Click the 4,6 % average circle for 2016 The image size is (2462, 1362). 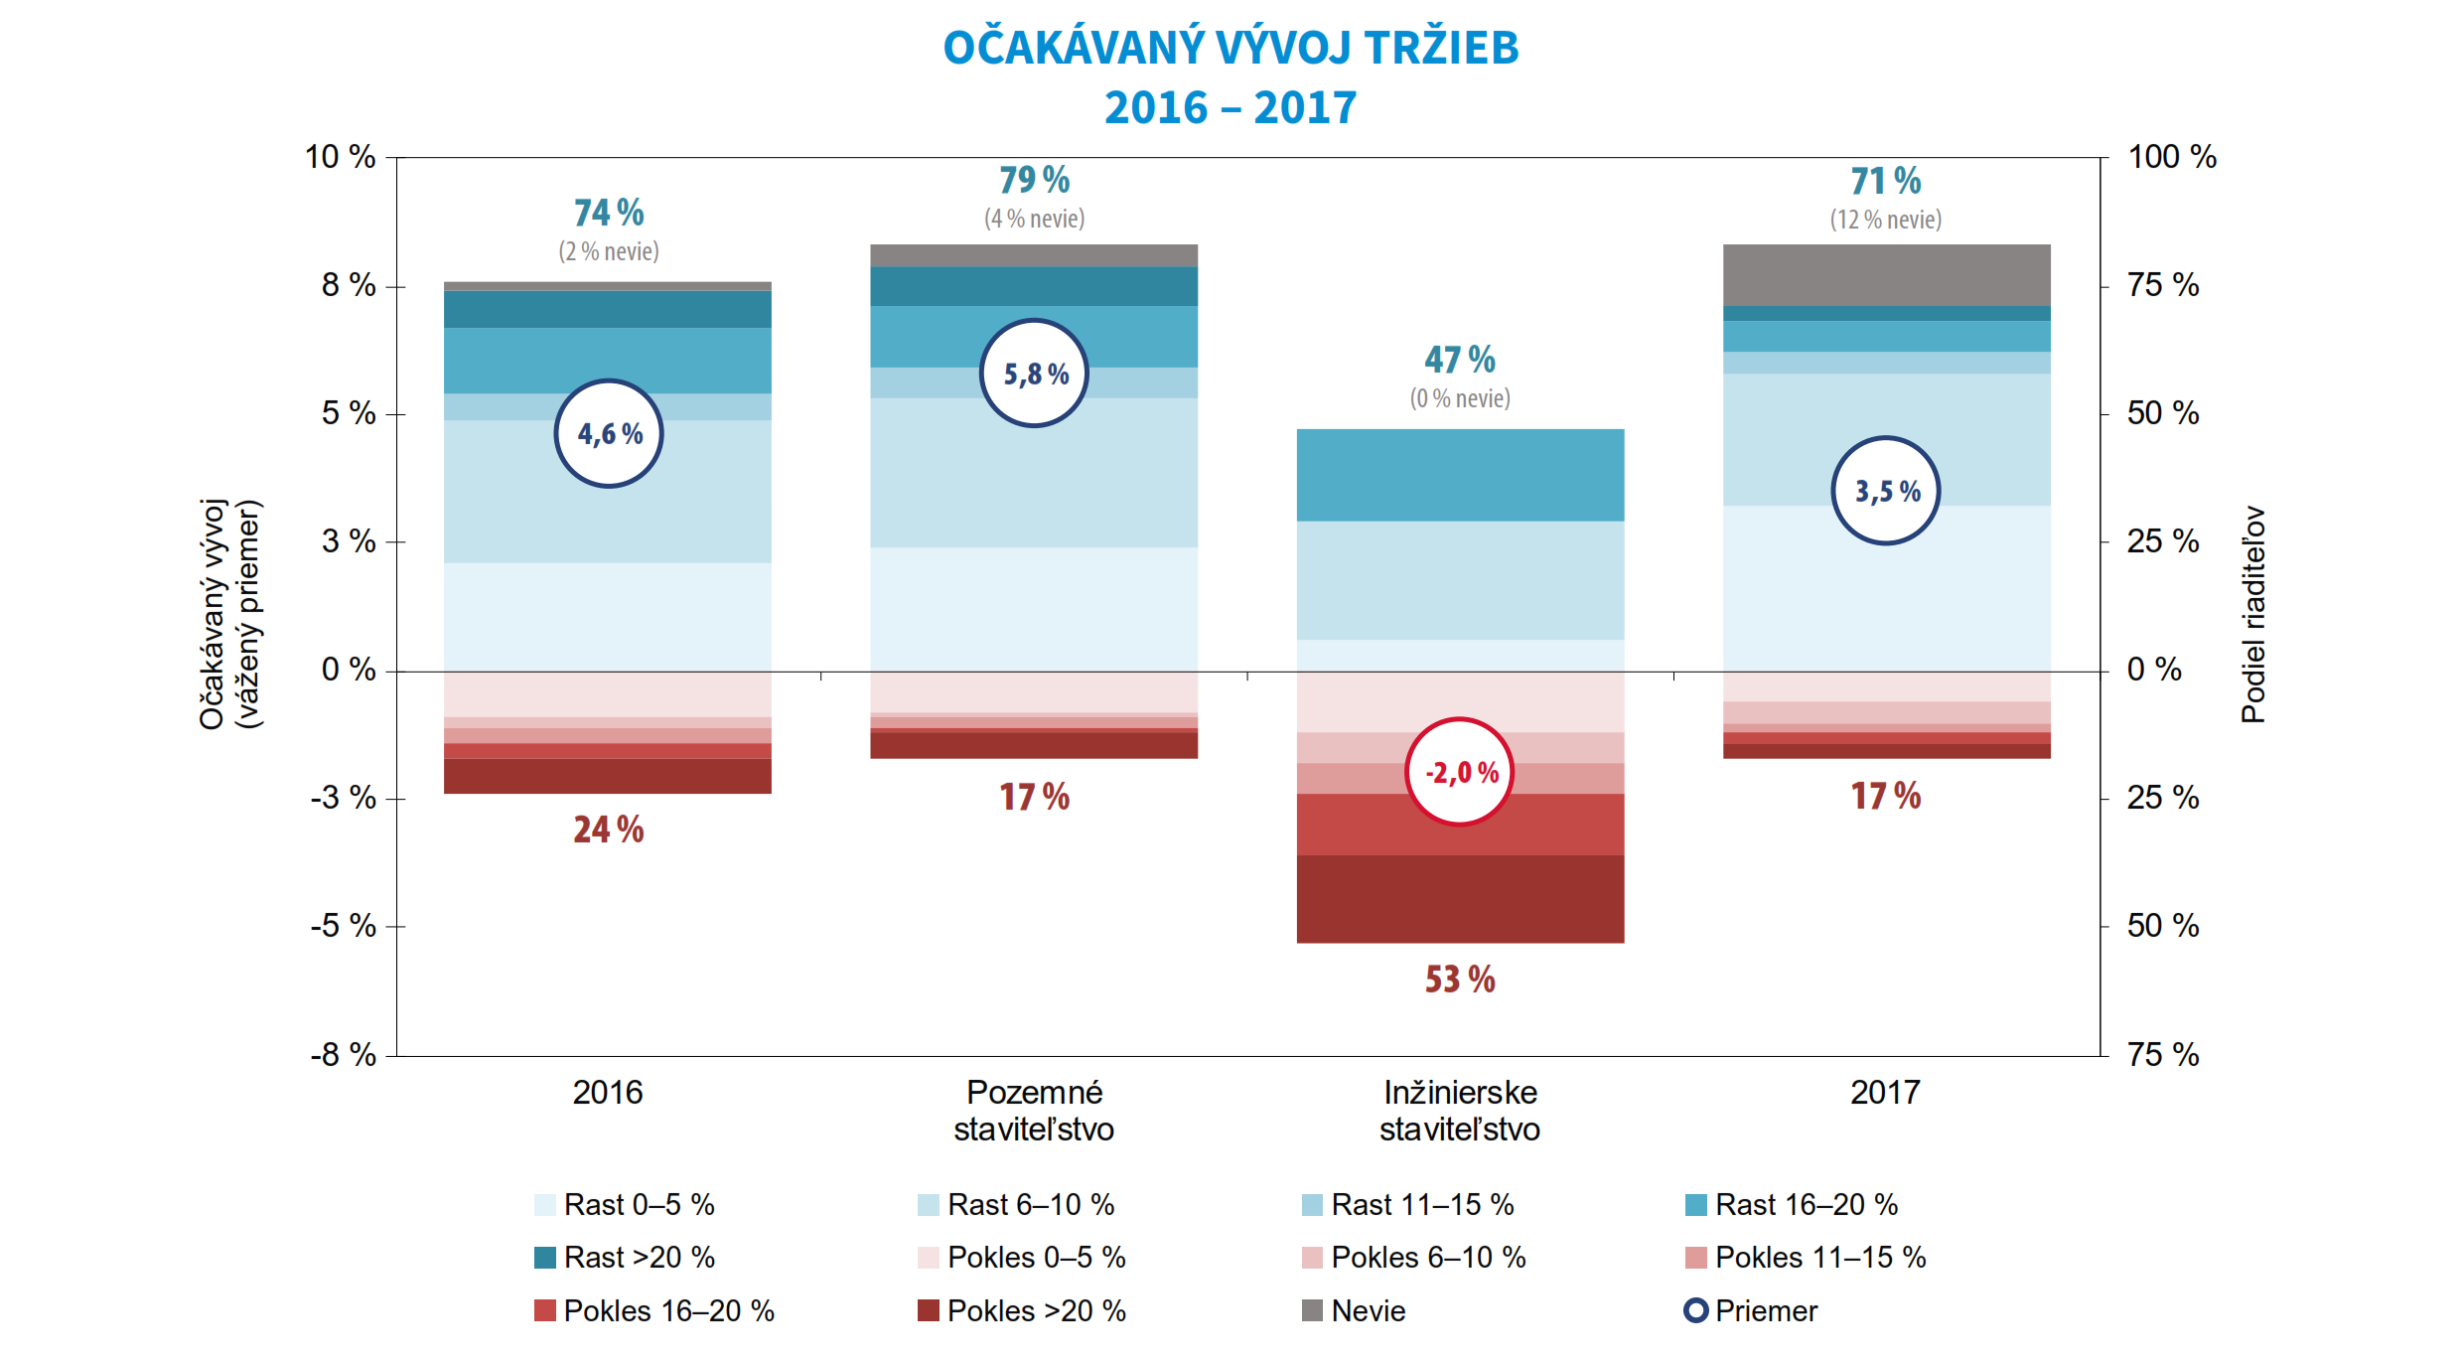point(609,434)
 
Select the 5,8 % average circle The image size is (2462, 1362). point(1034,374)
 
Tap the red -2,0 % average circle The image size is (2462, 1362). point(1460,772)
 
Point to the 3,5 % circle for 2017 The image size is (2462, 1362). point(1885,491)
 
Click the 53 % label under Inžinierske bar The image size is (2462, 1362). point(1460,980)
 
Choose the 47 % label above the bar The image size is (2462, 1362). point(1460,360)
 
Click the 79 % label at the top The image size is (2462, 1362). point(1034,180)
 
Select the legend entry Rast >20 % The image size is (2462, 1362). point(625,1258)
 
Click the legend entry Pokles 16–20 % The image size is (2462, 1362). point(654,1311)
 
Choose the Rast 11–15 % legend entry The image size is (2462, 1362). point(1408,1205)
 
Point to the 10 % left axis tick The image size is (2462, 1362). point(341,157)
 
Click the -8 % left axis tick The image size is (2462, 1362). point(344,1055)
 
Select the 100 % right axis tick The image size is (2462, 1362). point(2172,157)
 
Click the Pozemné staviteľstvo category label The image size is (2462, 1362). point(1034,1111)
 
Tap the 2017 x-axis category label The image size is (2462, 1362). point(1885,1093)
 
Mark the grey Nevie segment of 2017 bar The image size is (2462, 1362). point(1886,275)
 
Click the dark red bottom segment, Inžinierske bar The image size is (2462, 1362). point(1460,899)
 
